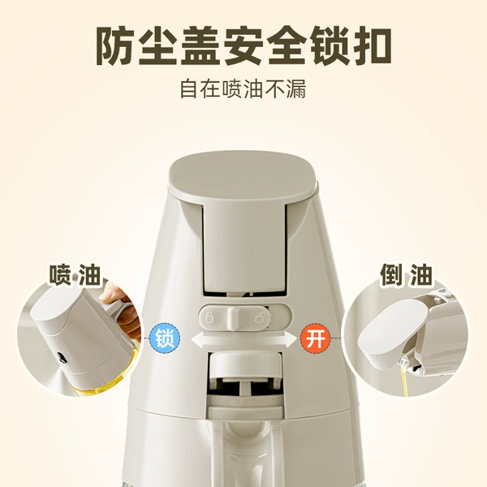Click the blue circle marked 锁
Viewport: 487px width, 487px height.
coord(165,338)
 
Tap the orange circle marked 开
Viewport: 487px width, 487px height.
coord(315,338)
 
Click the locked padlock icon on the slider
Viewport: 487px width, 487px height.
coord(210,317)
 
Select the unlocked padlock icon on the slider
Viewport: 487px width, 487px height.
coord(260,317)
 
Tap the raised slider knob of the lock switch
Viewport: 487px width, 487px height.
coord(234,318)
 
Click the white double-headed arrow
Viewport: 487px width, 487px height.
coord(244,339)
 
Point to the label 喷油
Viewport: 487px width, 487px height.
coord(75,274)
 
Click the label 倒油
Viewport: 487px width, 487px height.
coord(407,274)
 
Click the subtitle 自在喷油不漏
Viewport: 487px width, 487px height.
coord(243,89)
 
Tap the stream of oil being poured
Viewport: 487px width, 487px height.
coord(404,377)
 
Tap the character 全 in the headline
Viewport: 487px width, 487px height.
coord(286,46)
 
